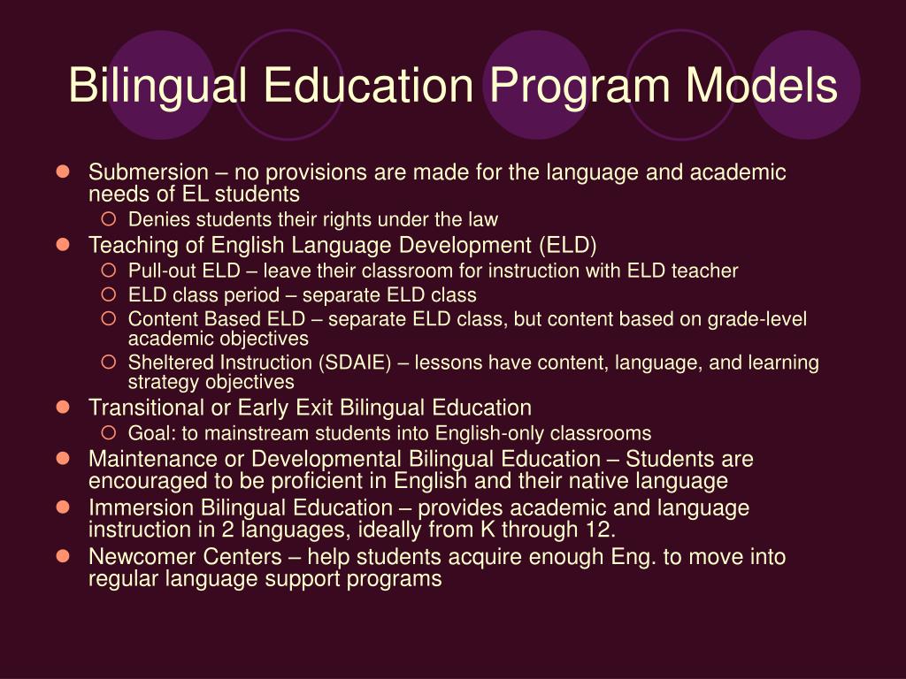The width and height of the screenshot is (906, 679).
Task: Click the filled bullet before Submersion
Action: tap(63, 172)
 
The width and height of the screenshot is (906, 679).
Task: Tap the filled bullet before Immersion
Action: tap(63, 507)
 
